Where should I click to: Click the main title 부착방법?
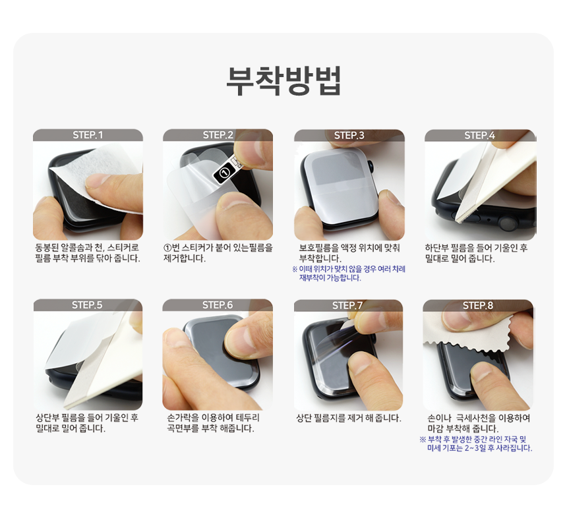pos(283,80)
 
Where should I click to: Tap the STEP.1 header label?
pos(88,135)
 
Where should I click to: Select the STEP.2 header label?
pos(218,135)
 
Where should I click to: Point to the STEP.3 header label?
pos(349,136)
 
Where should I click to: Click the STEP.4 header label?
pos(480,136)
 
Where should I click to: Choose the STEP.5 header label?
pos(87,305)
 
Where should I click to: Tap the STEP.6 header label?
pos(218,305)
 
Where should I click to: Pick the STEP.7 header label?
pos(347,305)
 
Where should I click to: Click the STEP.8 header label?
pos(478,305)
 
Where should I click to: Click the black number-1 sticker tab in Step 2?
pos(224,172)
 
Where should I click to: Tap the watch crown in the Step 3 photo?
pos(371,167)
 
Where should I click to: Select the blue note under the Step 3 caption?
pos(349,273)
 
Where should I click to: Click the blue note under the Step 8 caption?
pos(476,444)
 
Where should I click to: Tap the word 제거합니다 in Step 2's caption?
pos(185,258)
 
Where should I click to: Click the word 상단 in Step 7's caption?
pos(304,418)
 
